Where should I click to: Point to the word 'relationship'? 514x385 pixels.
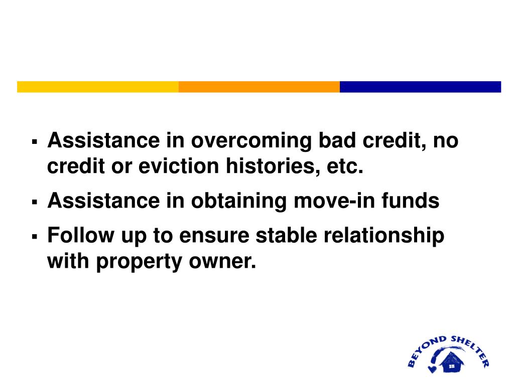pyautogui.click(x=382, y=236)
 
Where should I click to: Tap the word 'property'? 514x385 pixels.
pyautogui.click(x=138, y=261)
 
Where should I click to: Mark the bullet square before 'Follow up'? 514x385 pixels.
pyautogui.click(x=35, y=236)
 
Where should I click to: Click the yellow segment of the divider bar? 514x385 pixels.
pyautogui.click(x=98, y=87)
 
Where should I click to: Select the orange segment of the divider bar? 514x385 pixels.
pyautogui.click(x=259, y=87)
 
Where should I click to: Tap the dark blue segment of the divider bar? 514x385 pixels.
pyautogui.click(x=420, y=87)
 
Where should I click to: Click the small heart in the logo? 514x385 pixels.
pyautogui.click(x=431, y=369)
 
